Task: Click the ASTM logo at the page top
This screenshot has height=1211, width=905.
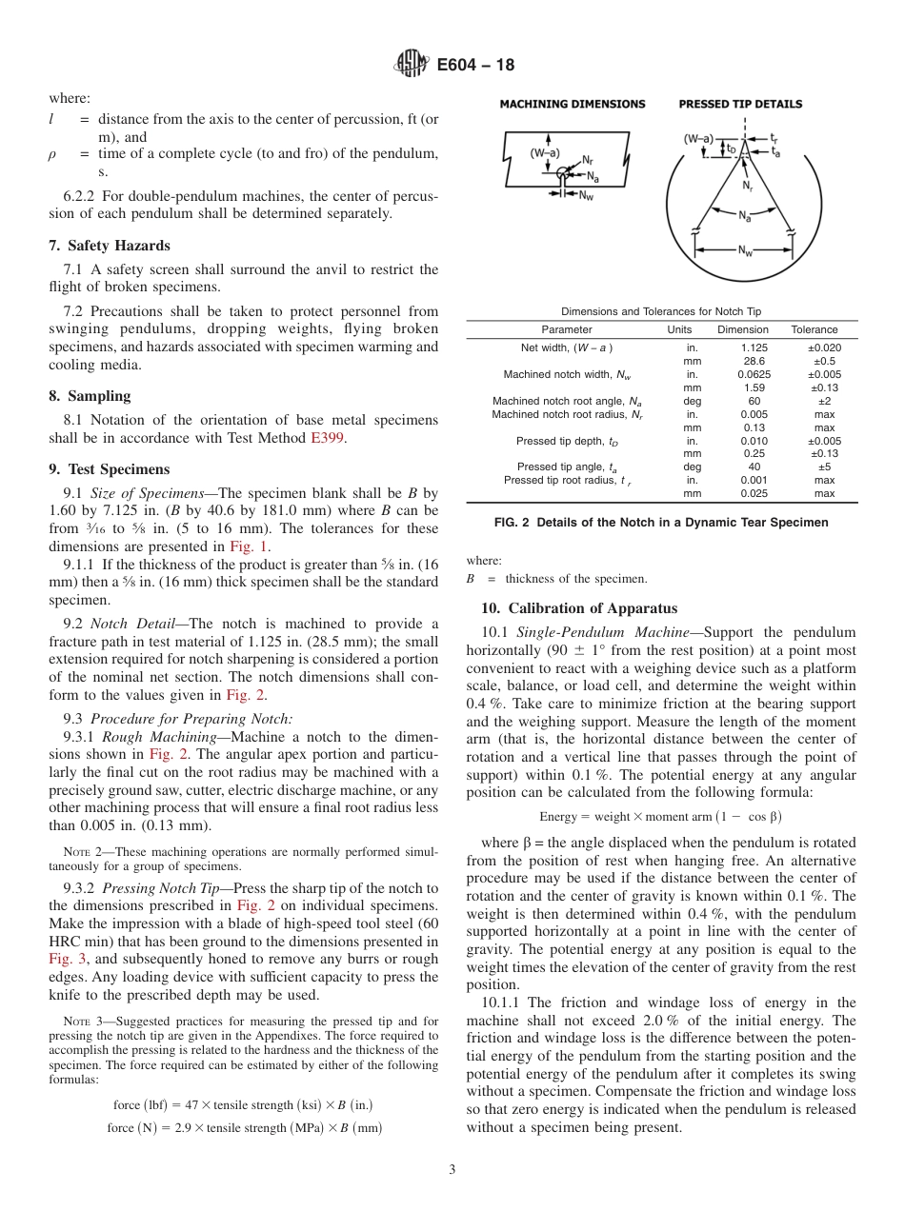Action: point(412,65)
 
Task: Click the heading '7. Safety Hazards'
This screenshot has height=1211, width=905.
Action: point(110,246)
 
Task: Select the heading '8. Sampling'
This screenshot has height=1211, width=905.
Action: point(90,396)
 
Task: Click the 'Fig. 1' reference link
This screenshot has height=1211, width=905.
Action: point(249,546)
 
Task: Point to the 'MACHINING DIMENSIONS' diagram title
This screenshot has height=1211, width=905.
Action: point(573,104)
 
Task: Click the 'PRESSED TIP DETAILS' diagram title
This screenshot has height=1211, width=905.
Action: point(740,104)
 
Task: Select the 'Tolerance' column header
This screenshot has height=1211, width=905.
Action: point(814,329)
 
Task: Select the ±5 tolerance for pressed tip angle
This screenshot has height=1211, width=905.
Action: point(824,467)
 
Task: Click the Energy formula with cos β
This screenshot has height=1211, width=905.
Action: point(660,817)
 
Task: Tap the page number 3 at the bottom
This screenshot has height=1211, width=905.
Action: point(452,1169)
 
